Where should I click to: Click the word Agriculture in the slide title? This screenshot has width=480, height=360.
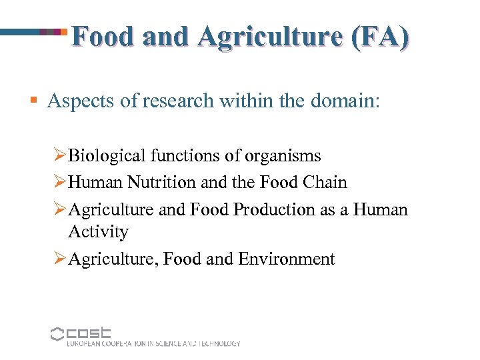tap(257, 37)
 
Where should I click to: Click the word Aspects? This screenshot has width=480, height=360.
tap(81, 101)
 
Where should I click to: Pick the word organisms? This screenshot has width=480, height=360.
tap(283, 156)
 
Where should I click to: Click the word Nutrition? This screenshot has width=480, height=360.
tap(158, 182)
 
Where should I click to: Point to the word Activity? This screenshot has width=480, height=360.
tap(98, 232)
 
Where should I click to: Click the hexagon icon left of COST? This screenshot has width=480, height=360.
tap(57, 334)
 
